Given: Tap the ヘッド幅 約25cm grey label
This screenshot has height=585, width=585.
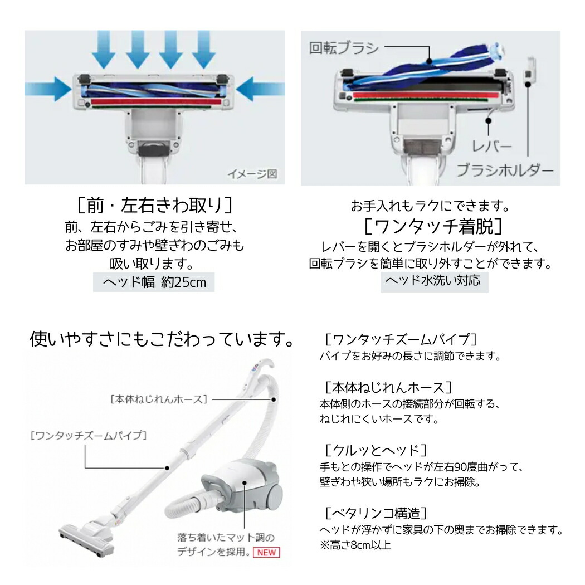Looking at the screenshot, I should [x=154, y=282].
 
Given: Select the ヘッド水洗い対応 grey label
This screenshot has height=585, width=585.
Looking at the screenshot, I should [x=434, y=281].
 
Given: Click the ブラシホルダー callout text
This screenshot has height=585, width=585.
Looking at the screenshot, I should [x=505, y=170].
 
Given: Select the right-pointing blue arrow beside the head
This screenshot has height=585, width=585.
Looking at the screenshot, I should [x=47, y=89].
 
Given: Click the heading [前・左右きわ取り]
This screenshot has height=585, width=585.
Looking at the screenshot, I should [x=154, y=206].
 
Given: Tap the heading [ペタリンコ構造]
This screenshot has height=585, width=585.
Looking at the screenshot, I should [x=376, y=512].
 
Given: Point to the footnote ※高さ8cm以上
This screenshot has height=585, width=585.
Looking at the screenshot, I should [x=355, y=545].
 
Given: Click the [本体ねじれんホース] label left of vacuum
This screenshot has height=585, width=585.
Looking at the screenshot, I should [x=159, y=399].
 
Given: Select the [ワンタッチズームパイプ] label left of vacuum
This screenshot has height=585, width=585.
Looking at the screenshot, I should [x=88, y=435].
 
